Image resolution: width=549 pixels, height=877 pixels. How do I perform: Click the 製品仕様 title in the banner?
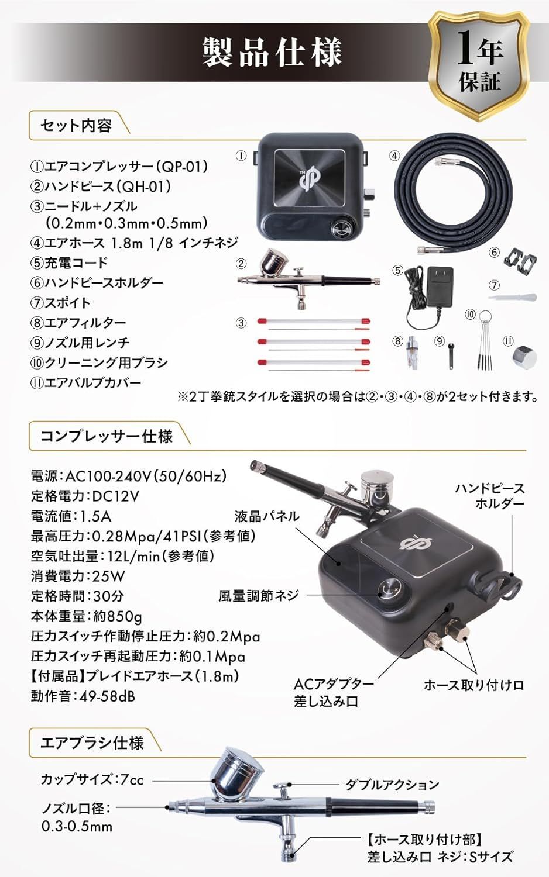(272, 53)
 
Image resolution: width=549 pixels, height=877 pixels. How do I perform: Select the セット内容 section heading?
(76, 126)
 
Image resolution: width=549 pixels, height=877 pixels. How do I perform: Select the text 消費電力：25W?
(78, 576)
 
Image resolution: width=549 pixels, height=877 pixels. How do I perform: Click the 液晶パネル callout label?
(267, 516)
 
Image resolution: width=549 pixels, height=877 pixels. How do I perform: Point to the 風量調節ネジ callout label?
(259, 595)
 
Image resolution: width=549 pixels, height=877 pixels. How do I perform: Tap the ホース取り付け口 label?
(473, 685)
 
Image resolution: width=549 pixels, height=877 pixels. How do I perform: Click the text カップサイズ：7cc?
(92, 779)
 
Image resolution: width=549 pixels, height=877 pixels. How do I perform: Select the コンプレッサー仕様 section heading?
(107, 436)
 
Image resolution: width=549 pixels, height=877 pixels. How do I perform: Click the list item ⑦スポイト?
(61, 303)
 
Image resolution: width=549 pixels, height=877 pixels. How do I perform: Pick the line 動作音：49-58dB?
(83, 696)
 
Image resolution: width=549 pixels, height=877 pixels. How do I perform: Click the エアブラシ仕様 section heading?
(92, 743)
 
